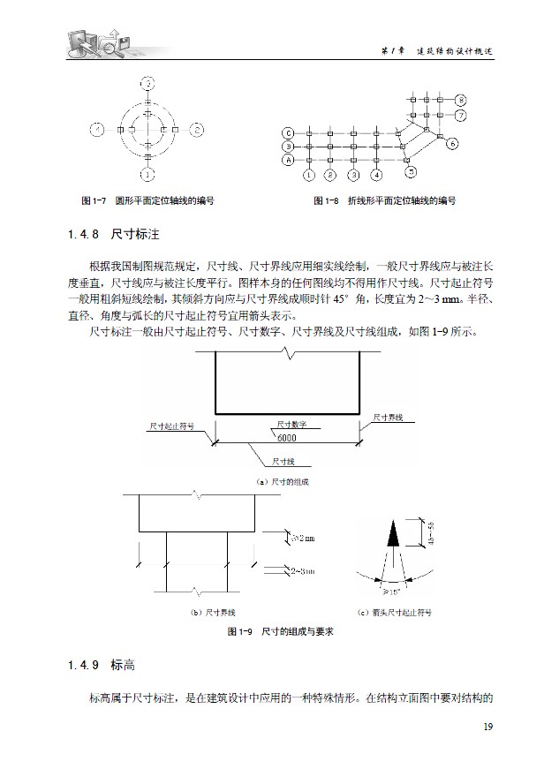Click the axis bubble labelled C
(287, 132)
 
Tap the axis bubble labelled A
(287, 161)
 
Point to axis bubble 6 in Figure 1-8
(451, 142)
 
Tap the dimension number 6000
(286, 438)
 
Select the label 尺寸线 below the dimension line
(283, 461)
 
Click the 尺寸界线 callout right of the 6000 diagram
(388, 416)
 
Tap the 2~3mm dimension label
(303, 572)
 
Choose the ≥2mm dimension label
(303, 537)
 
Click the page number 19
(487, 727)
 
